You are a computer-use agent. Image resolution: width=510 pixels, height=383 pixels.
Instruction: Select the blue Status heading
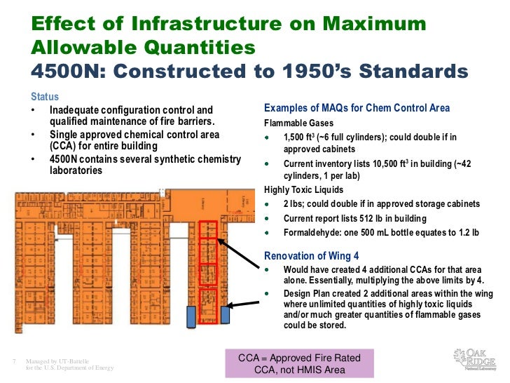(x=45, y=97)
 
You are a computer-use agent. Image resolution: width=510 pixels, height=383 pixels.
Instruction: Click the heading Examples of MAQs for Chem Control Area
(x=357, y=108)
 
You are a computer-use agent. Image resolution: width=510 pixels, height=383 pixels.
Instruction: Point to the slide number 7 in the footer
(x=14, y=361)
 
